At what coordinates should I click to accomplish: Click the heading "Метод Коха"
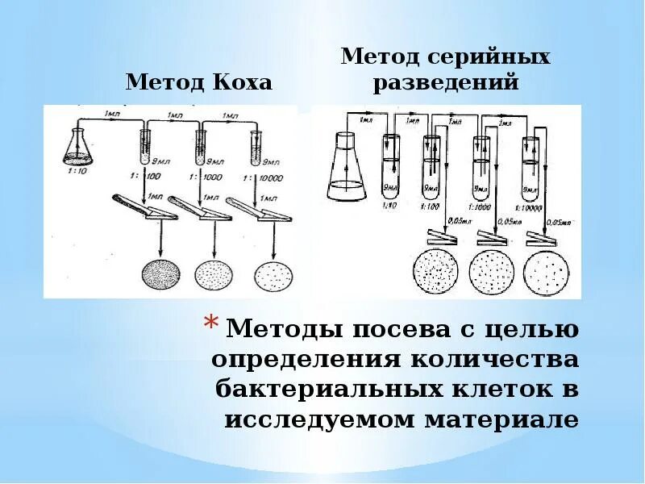click(x=198, y=82)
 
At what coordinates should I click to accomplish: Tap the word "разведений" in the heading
click(x=445, y=82)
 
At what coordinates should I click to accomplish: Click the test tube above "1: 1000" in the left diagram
click(x=200, y=145)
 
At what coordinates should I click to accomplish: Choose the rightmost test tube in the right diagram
click(x=531, y=169)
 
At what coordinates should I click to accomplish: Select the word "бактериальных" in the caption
click(x=330, y=390)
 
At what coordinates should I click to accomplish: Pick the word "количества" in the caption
click(x=492, y=360)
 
